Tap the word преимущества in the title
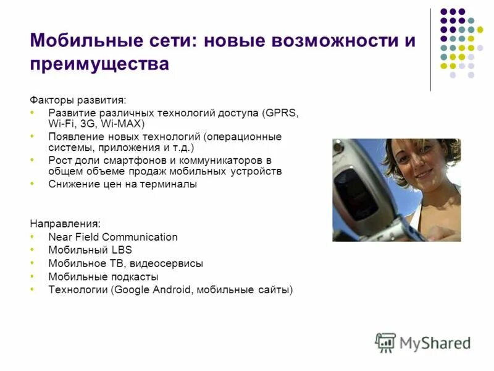point(99,64)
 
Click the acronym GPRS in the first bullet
point(283,113)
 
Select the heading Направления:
point(65,223)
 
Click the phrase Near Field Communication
point(113,237)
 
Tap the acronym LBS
point(122,250)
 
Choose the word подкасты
point(137,277)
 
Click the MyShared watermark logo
point(423,342)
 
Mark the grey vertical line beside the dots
point(430,49)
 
